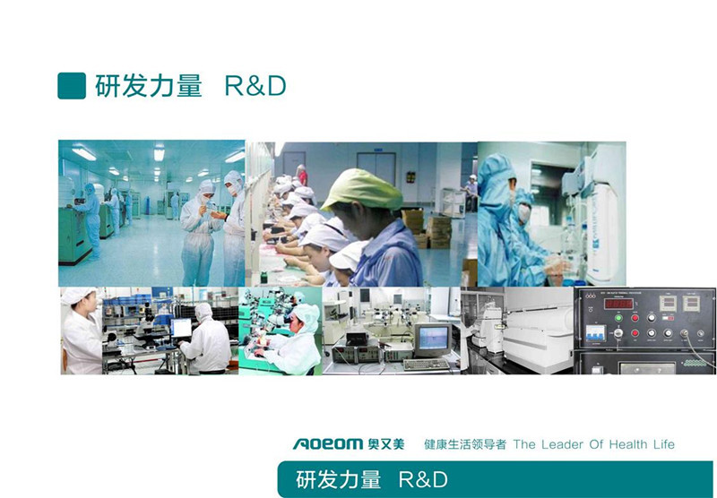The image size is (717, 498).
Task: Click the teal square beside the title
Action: [x=72, y=85]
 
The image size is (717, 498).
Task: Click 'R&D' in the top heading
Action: [x=255, y=85]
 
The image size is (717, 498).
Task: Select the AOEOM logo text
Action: [x=328, y=443]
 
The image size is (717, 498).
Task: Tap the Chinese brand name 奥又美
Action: [x=386, y=443]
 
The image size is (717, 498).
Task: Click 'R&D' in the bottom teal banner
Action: [x=423, y=480]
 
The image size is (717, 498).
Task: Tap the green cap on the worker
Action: [x=362, y=189]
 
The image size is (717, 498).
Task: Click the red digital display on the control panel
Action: [x=618, y=304]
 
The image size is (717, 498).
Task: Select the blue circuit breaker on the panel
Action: [x=595, y=332]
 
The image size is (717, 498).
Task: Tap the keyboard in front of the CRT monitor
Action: [x=427, y=365]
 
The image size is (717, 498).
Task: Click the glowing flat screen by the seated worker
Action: [x=182, y=328]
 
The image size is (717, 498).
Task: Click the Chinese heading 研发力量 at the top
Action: [x=149, y=85]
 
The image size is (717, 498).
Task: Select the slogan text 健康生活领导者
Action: [x=465, y=444]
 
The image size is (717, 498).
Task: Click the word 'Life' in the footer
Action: [x=663, y=444]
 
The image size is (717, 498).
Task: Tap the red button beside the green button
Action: [x=635, y=318]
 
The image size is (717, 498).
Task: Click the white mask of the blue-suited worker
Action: [x=524, y=213]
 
